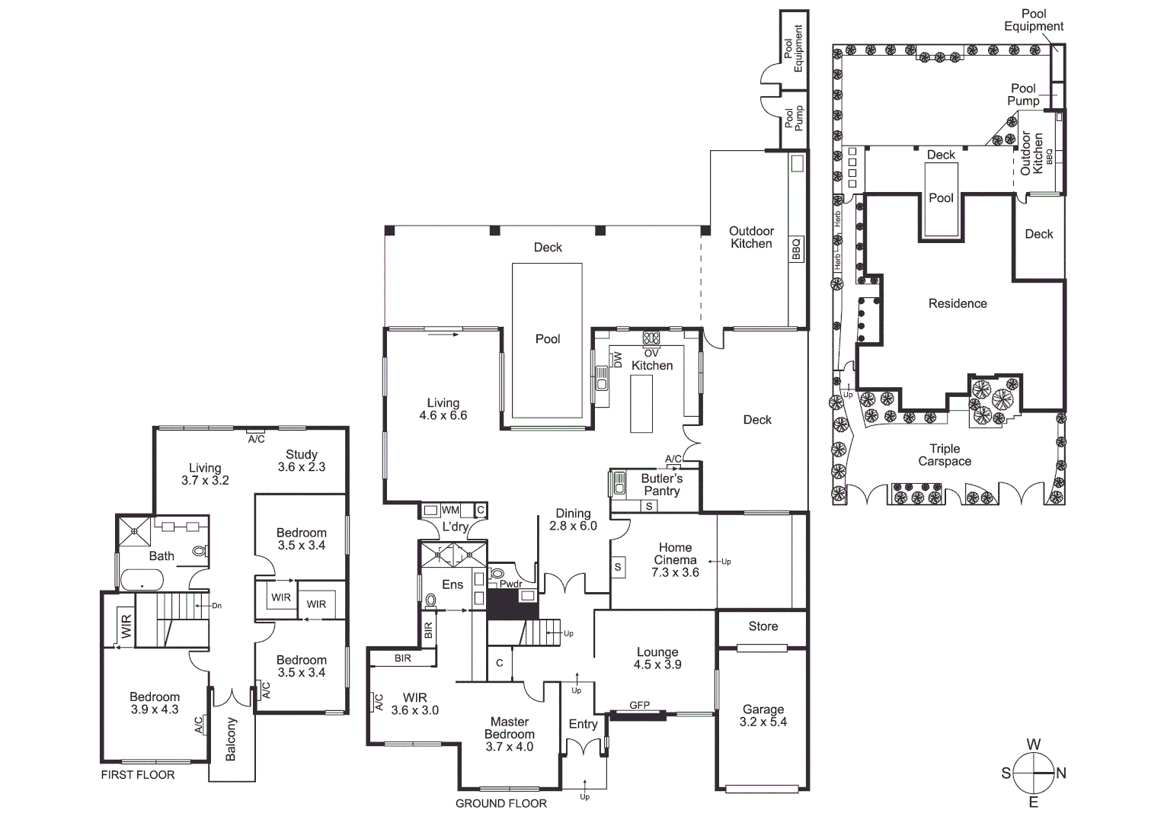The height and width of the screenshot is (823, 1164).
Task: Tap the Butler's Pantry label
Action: click(x=661, y=485)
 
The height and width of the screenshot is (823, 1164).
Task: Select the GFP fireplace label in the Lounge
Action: click(x=639, y=706)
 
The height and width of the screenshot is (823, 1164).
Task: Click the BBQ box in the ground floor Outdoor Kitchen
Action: click(x=797, y=249)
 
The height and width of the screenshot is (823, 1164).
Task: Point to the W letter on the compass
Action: click(x=1033, y=745)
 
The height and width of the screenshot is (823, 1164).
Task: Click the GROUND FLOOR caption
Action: click(x=500, y=803)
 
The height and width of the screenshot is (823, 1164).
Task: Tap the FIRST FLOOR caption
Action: click(x=138, y=775)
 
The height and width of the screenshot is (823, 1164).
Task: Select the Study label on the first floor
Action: click(x=302, y=454)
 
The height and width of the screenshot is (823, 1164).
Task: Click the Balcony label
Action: click(x=232, y=738)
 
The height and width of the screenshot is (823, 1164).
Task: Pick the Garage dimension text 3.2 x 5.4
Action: click(x=763, y=722)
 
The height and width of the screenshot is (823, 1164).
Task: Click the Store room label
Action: click(x=763, y=626)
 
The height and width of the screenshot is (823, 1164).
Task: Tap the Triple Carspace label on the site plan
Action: click(x=945, y=455)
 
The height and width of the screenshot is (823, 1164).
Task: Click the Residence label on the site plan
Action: click(x=958, y=303)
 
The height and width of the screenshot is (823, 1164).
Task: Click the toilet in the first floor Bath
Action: click(x=200, y=550)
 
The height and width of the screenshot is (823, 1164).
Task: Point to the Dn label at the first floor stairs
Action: click(x=216, y=606)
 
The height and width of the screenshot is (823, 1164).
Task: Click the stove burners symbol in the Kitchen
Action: click(x=651, y=338)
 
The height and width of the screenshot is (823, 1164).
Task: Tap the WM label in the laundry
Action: click(x=450, y=510)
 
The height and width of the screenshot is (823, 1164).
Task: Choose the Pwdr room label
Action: click(x=510, y=584)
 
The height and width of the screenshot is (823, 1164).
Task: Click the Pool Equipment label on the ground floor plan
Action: click(x=793, y=48)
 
